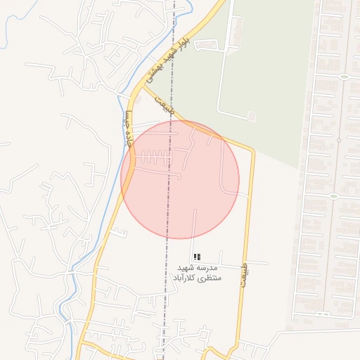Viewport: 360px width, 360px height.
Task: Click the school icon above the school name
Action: [198, 257]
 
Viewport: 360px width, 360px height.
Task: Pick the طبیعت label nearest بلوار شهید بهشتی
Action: [164, 105]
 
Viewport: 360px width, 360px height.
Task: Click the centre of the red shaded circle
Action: [180, 179]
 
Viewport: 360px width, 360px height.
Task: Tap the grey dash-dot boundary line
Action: [167, 211]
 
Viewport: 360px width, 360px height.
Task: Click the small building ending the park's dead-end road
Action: [252, 115]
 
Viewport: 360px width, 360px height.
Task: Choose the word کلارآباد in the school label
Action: [186, 279]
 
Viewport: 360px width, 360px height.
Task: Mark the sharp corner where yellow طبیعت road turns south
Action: [252, 149]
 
